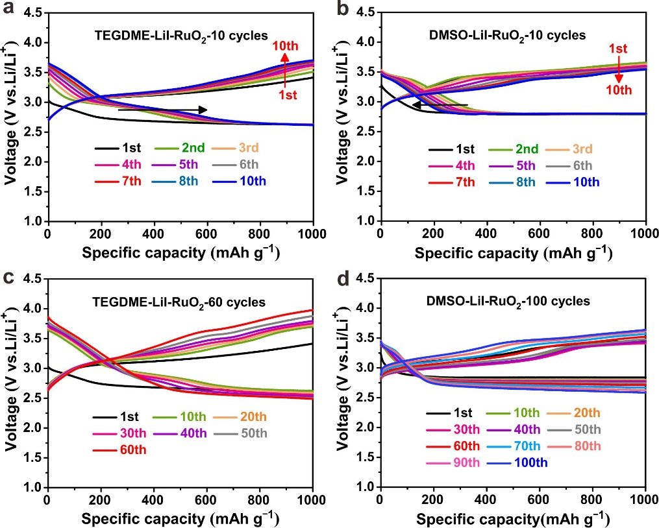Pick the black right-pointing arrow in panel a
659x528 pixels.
pos(162,110)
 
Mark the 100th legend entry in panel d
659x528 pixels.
pos(512,462)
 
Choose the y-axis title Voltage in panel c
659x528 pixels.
pos(11,383)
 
